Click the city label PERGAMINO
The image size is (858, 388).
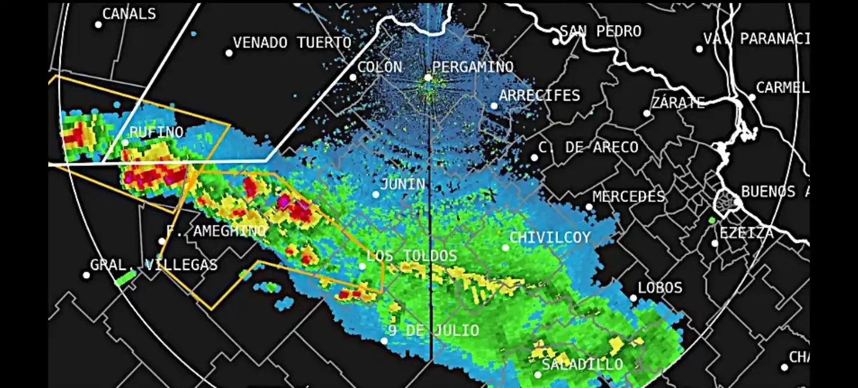[x=472, y=67]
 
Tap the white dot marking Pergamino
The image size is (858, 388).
[x=428, y=77]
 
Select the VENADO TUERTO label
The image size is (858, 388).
[x=292, y=42]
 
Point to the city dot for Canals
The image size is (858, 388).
[x=98, y=25]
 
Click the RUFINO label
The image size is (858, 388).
[x=156, y=132]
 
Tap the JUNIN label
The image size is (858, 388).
[x=403, y=184]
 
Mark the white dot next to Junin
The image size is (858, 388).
[x=376, y=195]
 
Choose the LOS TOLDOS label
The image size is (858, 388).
[x=412, y=256]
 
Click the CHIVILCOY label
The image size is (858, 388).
[x=550, y=237]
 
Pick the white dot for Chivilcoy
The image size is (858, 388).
[x=506, y=248]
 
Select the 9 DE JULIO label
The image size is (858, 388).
[x=434, y=331]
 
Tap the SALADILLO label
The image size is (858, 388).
[x=582, y=365]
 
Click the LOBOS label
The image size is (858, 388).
[x=660, y=287]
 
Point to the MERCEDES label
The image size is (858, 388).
[x=629, y=197]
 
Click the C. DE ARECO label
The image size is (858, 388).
[x=589, y=147]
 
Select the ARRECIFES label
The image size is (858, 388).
[x=539, y=95]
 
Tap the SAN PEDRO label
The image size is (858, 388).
[x=601, y=31]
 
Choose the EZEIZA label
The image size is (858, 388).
[x=746, y=232]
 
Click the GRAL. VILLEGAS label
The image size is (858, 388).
[x=154, y=265]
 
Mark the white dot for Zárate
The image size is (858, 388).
[x=647, y=113]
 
